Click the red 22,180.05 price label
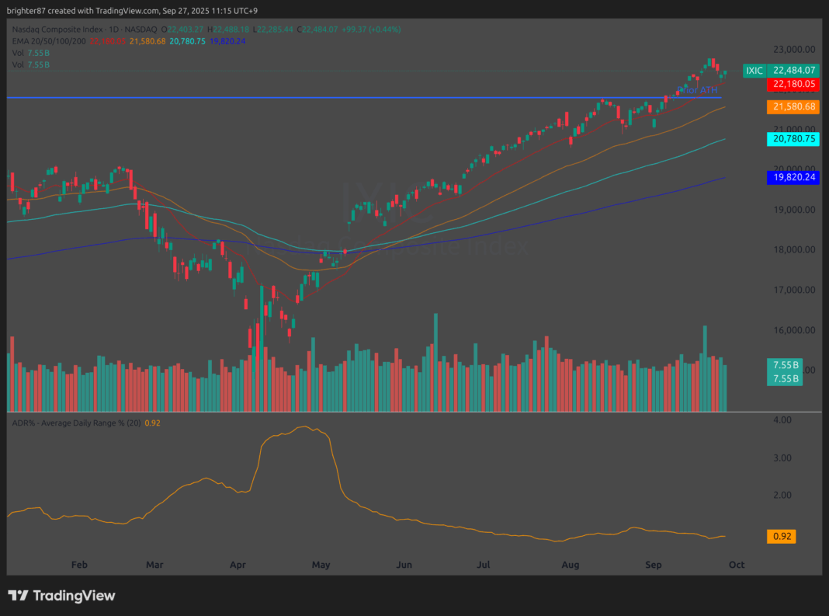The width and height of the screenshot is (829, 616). (793, 84)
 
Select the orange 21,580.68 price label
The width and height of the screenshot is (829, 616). (793, 106)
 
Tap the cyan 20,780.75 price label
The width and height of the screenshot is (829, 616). (793, 139)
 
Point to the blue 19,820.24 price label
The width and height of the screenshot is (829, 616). (793, 177)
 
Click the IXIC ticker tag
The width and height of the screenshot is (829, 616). (754, 71)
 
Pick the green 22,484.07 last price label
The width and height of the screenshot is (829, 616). (793, 71)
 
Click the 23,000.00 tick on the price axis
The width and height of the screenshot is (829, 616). (793, 48)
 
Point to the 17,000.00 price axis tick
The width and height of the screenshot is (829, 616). (793, 290)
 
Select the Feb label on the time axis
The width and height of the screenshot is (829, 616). (78, 565)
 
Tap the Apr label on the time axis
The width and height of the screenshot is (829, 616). (238, 565)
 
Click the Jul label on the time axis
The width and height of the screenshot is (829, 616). (485, 565)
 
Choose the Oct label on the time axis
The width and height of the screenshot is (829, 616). (736, 565)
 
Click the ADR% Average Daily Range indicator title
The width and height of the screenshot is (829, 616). (74, 423)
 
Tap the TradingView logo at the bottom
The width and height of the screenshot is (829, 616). (62, 596)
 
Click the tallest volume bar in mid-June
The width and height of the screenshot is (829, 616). (435, 362)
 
